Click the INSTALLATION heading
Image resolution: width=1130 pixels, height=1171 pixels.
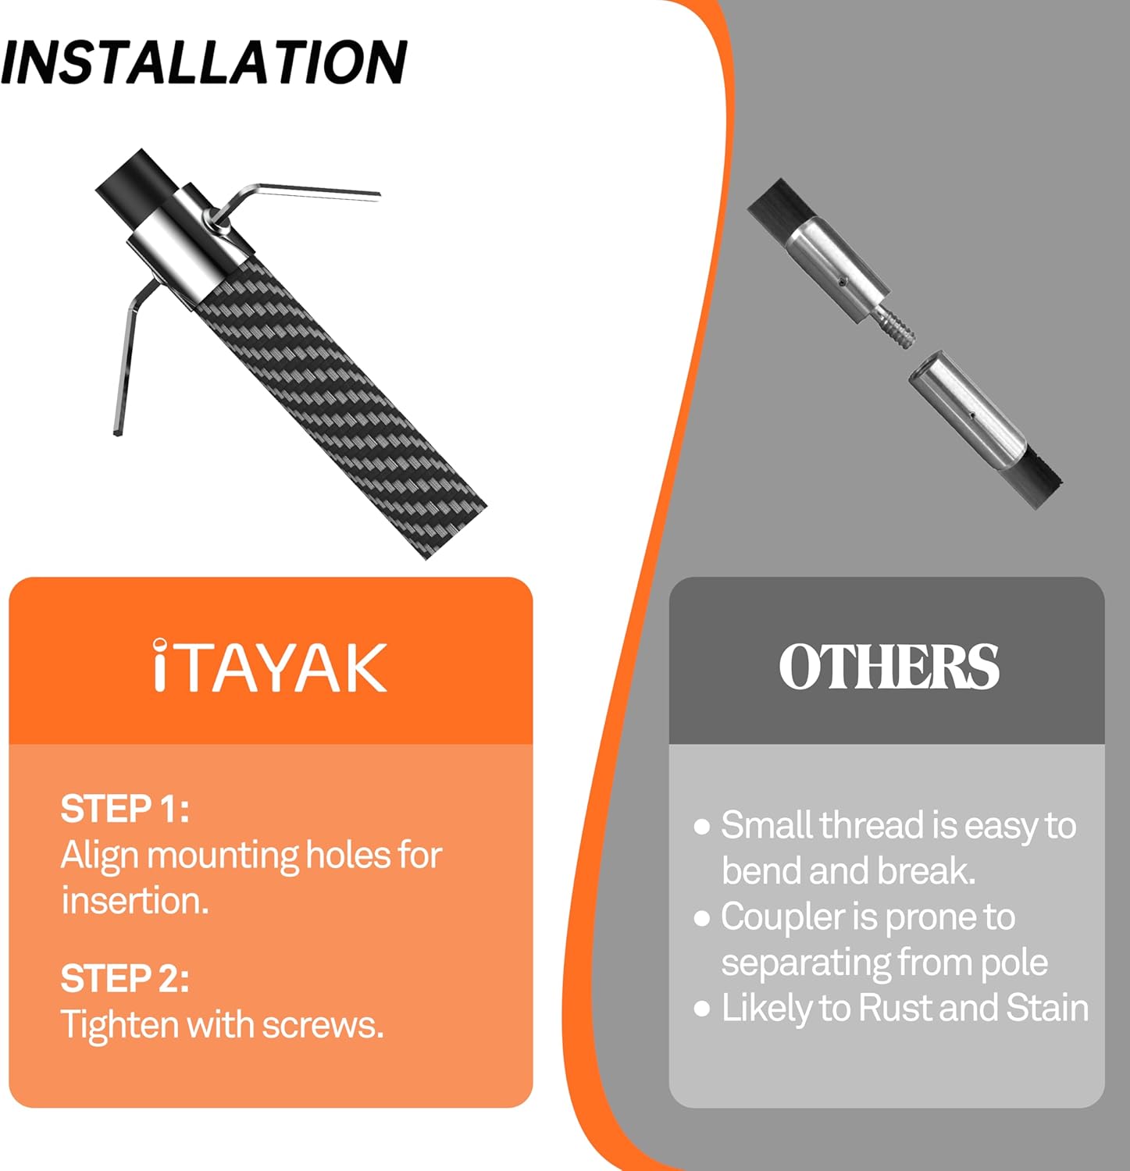click(204, 62)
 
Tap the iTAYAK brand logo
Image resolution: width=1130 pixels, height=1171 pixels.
click(270, 666)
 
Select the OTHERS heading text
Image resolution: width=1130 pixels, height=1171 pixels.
click(889, 666)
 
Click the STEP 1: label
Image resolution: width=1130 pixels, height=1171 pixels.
click(125, 809)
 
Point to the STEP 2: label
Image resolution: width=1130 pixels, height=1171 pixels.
click(125, 978)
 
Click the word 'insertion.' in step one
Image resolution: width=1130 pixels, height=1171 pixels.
click(135, 901)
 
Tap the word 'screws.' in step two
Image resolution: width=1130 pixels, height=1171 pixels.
click(323, 1025)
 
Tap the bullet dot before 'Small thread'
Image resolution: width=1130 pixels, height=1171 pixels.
click(701, 827)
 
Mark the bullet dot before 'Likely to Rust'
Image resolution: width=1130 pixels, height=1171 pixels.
click(701, 1009)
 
